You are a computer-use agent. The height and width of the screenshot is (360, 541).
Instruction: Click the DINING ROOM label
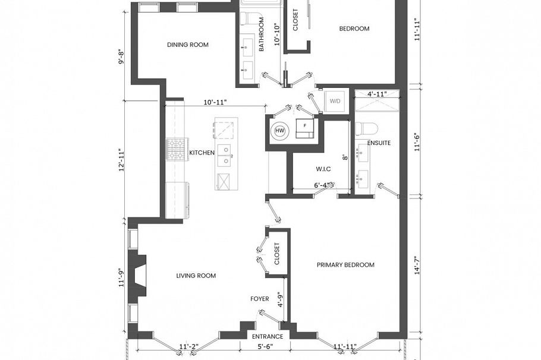[x=187, y=45]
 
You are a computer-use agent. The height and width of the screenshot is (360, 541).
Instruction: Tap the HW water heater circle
[x=279, y=131]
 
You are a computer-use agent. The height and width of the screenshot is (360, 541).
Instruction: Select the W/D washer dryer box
[x=335, y=101]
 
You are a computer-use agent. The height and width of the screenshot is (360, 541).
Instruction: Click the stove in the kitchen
[x=177, y=150]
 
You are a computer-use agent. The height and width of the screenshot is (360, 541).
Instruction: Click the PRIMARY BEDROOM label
[x=345, y=265]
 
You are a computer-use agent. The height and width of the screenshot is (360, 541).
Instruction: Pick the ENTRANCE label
[x=268, y=336]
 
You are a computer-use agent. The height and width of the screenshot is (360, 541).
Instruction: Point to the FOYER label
[x=260, y=299]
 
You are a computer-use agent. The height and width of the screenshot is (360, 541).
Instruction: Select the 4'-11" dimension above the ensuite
[x=377, y=94]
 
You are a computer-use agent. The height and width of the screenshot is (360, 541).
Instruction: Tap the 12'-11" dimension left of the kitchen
[x=121, y=160]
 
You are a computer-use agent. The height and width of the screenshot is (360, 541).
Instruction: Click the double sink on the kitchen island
[x=225, y=156]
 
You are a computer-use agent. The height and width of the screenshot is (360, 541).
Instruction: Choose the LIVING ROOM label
[x=196, y=276]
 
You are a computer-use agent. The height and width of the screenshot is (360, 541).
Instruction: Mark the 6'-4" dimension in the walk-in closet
[x=323, y=185]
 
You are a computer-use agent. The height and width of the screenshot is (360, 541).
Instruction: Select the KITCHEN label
[x=202, y=153]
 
